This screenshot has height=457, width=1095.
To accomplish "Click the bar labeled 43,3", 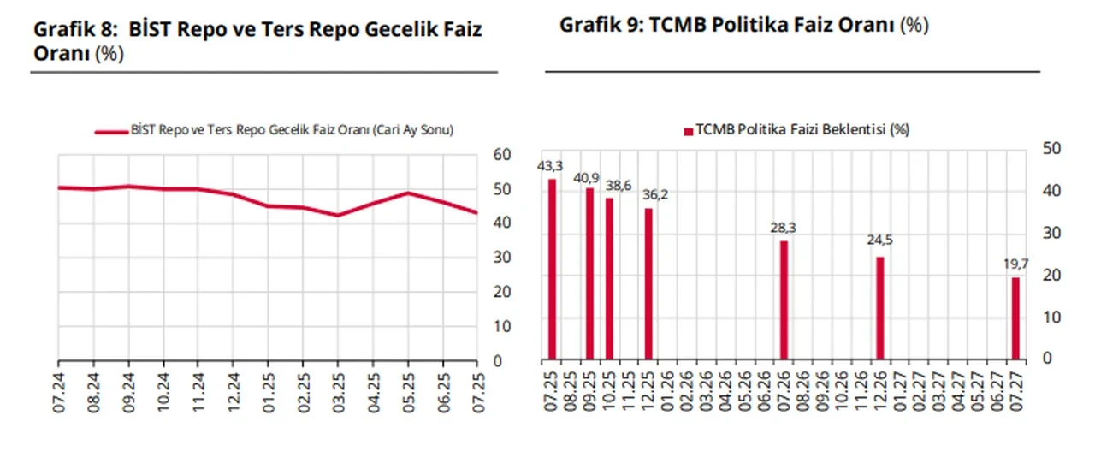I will [552, 269].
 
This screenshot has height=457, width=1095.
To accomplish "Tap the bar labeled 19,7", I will [1015, 318].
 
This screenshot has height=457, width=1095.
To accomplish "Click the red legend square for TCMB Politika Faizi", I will [688, 131].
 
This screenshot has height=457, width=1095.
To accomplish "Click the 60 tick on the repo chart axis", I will [503, 155].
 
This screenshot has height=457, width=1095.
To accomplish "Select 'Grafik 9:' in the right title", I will [601, 25].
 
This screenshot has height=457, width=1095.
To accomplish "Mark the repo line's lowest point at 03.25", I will [337, 215].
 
